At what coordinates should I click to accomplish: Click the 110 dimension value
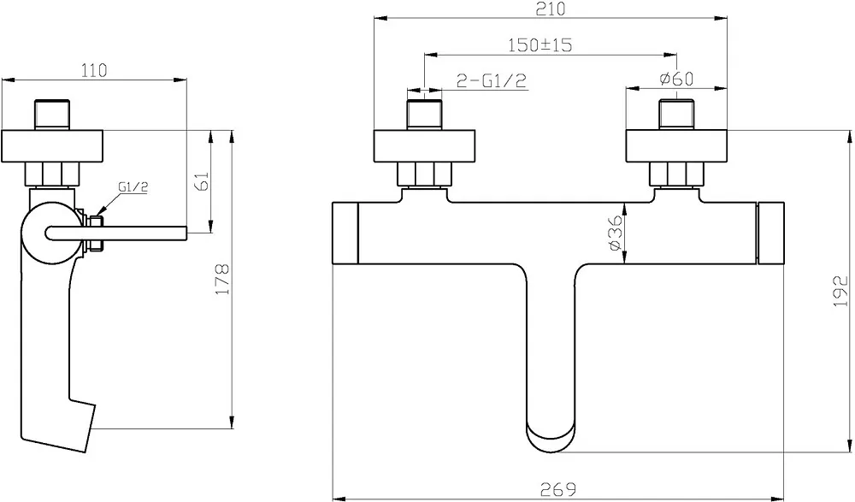pos(94,70)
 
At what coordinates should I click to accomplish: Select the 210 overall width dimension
pos(550,9)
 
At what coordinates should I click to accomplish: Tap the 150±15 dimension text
pos(540,44)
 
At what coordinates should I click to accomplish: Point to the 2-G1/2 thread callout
pos(492,80)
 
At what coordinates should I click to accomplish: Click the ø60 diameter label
pos(676,79)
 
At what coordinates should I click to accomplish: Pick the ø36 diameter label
pos(615,233)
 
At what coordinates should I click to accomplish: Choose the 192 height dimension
pos(841,291)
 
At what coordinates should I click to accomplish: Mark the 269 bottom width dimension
pos(559,489)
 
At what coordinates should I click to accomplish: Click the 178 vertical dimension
pos(222,280)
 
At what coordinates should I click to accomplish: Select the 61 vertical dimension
pos(202,181)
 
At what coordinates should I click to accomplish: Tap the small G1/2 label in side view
pos(133,187)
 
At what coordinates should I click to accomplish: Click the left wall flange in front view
pos(424,146)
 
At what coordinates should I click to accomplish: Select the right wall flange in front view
pos(676,146)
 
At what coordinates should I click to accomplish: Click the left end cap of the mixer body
pos(345,233)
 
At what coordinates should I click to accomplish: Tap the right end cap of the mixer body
pos(771,233)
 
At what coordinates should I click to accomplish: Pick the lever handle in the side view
pos(116,233)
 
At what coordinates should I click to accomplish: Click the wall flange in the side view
pos(52,146)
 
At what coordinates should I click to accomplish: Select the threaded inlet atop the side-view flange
pos(52,115)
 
